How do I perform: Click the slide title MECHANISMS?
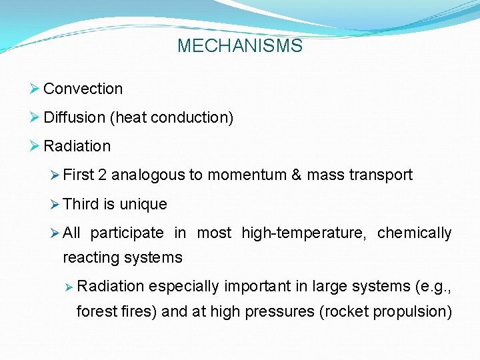coord(240,46)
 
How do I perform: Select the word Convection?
coord(83,89)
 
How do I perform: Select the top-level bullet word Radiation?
coord(77,146)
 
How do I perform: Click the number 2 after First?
coord(102,175)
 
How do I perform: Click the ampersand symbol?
coord(296,175)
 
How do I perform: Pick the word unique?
coord(143,204)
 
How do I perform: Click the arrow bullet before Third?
coord(55,204)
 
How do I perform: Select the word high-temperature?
coord(303,233)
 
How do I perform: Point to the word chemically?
coord(414,233)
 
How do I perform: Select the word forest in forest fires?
coord(95,311)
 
